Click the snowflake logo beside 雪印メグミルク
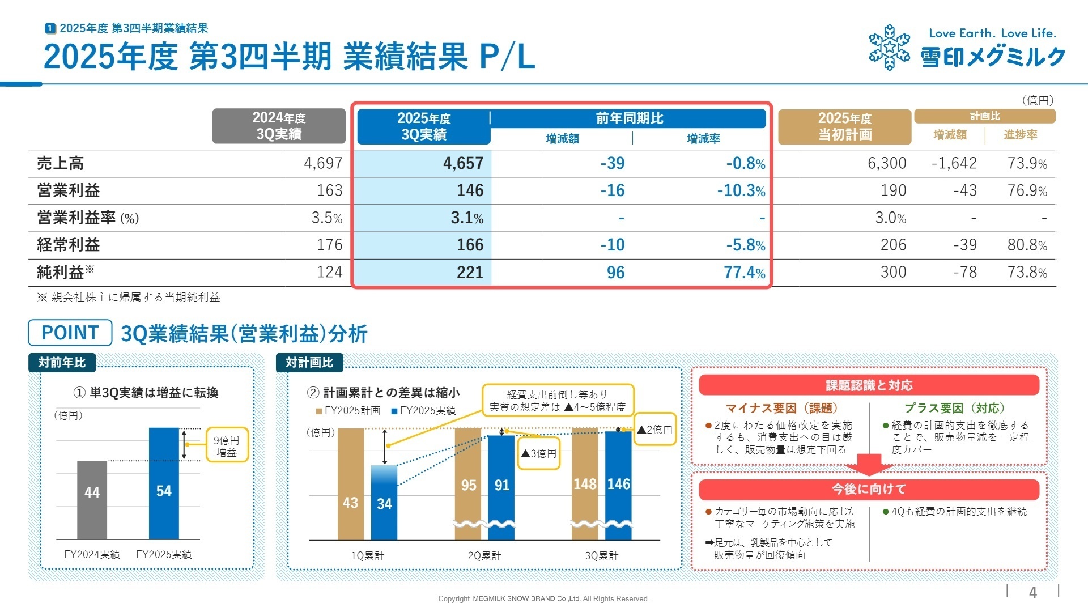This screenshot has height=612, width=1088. (889, 48)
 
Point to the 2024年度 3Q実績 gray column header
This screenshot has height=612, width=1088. (279, 126)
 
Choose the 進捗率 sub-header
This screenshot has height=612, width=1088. (1020, 135)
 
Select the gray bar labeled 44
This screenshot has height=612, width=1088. (92, 499)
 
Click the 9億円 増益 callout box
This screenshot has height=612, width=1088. (227, 445)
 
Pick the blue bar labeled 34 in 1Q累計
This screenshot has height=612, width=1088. (384, 502)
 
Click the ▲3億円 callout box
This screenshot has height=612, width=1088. (539, 453)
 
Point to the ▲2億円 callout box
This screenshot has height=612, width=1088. (654, 430)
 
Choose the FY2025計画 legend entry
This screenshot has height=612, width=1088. (348, 410)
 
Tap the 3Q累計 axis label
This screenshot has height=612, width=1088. (601, 555)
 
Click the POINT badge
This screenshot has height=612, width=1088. (70, 333)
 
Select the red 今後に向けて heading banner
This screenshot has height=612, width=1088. (869, 489)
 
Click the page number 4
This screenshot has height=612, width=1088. (1032, 592)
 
